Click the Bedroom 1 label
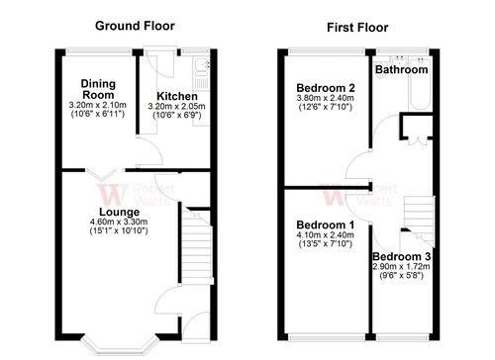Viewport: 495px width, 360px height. coord(325,225)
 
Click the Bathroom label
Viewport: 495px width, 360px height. coord(402,70)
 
